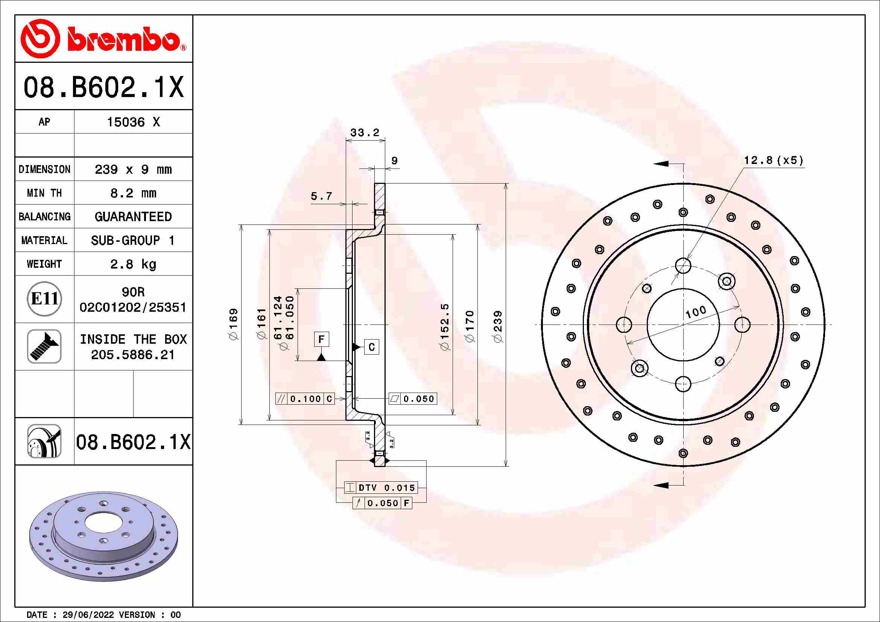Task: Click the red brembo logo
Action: (x=103, y=38)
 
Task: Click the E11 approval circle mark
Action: (x=44, y=299)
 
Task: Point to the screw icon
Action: (x=44, y=346)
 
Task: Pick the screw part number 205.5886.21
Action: (x=133, y=355)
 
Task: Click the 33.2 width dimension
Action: (x=365, y=132)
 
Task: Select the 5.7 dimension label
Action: (x=321, y=196)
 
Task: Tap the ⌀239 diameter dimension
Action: (x=497, y=326)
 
